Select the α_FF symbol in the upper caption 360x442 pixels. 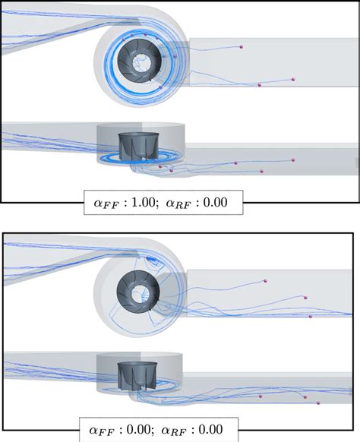click(x=105, y=204)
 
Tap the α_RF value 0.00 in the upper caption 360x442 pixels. click(x=215, y=203)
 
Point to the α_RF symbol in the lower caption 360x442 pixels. click(x=174, y=431)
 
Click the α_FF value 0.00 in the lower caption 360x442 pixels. click(x=138, y=429)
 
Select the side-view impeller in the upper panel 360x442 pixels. click(x=139, y=147)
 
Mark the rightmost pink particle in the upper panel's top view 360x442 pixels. click(x=293, y=80)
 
